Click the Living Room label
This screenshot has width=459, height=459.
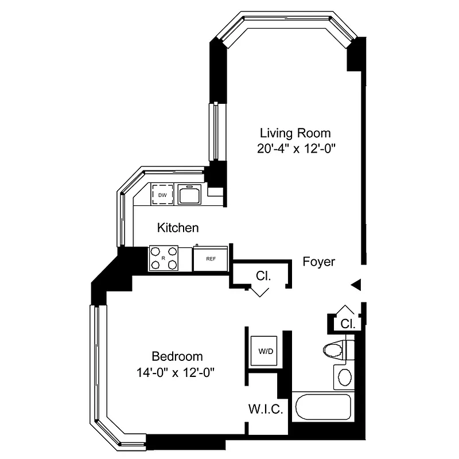pos(295,133)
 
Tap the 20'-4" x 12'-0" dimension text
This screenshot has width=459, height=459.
pos(295,148)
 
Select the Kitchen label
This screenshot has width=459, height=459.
pos(178,228)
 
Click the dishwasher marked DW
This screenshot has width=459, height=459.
pos(162,195)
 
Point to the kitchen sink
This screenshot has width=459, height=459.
pos(188,195)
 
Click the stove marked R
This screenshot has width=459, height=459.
pos(164,258)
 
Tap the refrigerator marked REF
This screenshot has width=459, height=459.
pos(211,258)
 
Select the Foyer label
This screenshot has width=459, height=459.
pos(318,262)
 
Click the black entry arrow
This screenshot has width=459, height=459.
pos(356,284)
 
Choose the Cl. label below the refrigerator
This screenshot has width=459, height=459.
pos(263,276)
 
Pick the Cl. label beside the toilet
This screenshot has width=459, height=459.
pos(348,324)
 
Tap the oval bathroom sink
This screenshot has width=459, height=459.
pos(345,378)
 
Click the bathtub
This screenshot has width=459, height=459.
pos(321,409)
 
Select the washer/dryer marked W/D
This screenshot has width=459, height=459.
pos(265,350)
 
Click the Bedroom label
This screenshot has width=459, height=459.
pos(177,356)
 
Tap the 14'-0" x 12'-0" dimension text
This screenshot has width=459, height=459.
pos(177,371)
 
